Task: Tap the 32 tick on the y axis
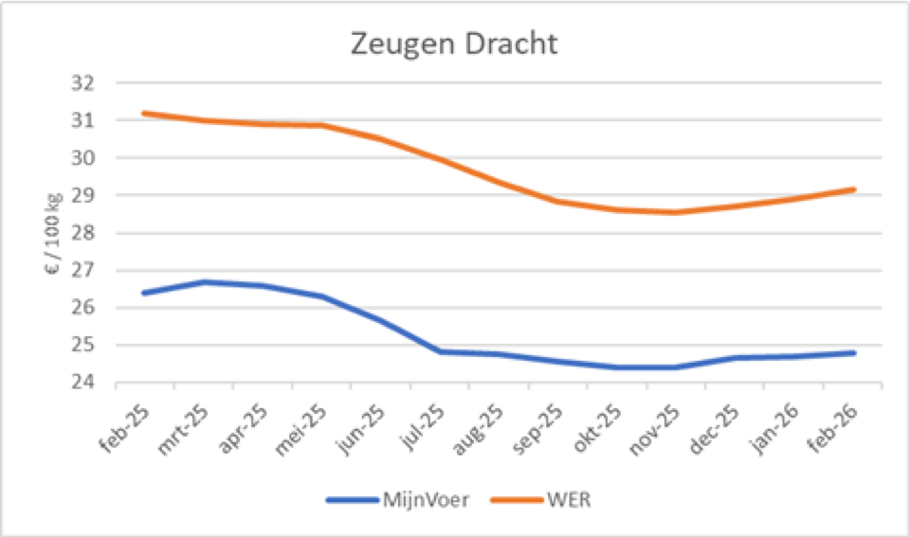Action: coord(84,83)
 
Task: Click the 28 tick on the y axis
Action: coord(84,233)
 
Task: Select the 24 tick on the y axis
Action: coord(84,383)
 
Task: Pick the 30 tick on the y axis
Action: coord(84,158)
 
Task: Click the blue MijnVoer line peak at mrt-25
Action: coord(203,281)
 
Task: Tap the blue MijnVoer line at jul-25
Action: coord(440,351)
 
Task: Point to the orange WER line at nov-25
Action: coord(676,212)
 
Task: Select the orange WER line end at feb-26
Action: coord(854,189)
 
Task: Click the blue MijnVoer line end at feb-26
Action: coord(854,353)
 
